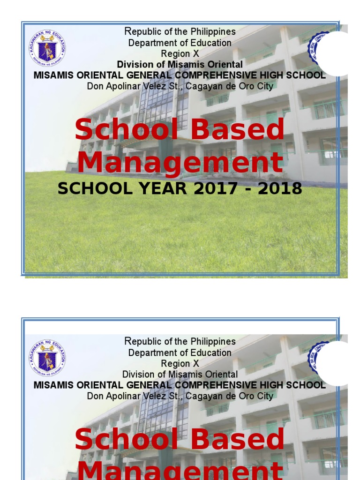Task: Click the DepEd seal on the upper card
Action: click(x=47, y=48)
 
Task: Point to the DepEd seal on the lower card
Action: click(x=47, y=358)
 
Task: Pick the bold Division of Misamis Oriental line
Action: click(x=180, y=65)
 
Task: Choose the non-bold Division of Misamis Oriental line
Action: click(x=180, y=375)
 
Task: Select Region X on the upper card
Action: click(x=180, y=54)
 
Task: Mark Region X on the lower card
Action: click(x=180, y=364)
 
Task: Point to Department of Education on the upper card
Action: click(x=180, y=43)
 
